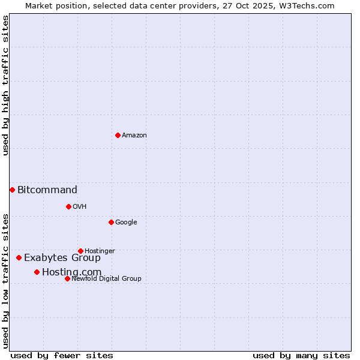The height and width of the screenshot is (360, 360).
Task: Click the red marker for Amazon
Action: tap(118, 135)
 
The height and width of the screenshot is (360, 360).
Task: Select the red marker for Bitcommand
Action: tap(12, 190)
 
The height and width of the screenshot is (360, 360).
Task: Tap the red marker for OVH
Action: tap(68, 206)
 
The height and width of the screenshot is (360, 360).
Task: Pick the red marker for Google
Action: tap(111, 222)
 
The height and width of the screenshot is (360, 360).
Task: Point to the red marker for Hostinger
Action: tap(80, 251)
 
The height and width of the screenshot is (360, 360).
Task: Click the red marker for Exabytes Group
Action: tap(19, 257)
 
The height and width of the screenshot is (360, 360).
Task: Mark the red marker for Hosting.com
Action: tap(37, 272)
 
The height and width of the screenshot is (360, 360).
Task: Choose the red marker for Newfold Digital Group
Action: tap(67, 278)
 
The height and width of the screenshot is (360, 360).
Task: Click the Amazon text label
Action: tap(134, 136)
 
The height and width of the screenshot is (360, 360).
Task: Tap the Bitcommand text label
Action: tap(47, 190)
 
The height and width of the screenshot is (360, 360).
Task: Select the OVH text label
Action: tap(80, 207)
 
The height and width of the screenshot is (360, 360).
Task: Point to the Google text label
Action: tap(126, 223)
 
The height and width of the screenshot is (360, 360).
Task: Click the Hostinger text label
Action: tap(100, 251)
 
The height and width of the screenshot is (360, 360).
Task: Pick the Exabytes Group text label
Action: tap(62, 258)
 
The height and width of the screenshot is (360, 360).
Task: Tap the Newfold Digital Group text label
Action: tap(107, 279)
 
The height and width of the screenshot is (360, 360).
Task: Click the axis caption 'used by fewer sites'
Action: tap(62, 355)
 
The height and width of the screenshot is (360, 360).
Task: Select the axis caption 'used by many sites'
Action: tap(301, 355)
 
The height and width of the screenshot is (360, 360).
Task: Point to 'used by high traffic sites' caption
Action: tap(6, 85)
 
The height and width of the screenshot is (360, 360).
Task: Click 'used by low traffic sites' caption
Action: tap(6, 281)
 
